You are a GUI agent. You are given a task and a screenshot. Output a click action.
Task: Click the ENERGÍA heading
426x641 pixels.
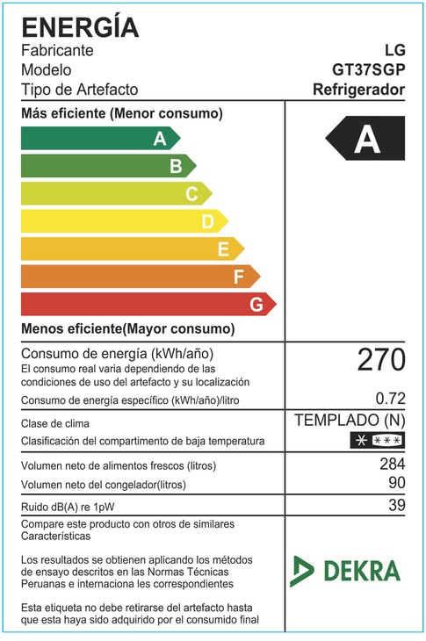click(80, 26)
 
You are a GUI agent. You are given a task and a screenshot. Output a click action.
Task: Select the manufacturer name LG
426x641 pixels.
click(394, 50)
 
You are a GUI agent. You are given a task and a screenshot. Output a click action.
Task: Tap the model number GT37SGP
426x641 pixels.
click(369, 70)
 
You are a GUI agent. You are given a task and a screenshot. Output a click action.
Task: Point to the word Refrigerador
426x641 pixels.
click(359, 90)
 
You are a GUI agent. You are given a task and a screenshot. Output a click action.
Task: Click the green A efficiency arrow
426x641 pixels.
click(99, 138)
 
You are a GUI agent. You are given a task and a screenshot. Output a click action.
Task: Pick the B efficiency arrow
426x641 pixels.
click(107, 165)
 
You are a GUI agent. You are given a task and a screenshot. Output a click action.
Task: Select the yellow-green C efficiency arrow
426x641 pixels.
click(115, 193)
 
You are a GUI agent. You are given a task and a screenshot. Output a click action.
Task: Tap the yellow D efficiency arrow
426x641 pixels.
click(123, 221)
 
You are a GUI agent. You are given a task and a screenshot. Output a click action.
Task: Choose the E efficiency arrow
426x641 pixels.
click(131, 248)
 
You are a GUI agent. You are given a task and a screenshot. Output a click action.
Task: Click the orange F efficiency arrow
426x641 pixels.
click(139, 277)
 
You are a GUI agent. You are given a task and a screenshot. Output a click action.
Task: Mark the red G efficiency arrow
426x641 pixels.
click(147, 304)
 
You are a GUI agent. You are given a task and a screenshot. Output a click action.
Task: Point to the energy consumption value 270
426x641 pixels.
click(381, 359)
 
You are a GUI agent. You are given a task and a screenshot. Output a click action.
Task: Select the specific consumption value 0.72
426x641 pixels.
click(390, 399)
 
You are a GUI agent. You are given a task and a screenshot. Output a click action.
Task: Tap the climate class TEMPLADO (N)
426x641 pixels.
click(350, 420)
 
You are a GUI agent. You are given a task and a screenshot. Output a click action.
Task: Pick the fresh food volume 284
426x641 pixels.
click(391, 464)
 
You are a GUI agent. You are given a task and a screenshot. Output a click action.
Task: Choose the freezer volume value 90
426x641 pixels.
click(395, 484)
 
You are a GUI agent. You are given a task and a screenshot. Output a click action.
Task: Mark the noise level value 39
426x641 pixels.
click(395, 505)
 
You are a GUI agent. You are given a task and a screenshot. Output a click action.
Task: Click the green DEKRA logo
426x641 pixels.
click(345, 571)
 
